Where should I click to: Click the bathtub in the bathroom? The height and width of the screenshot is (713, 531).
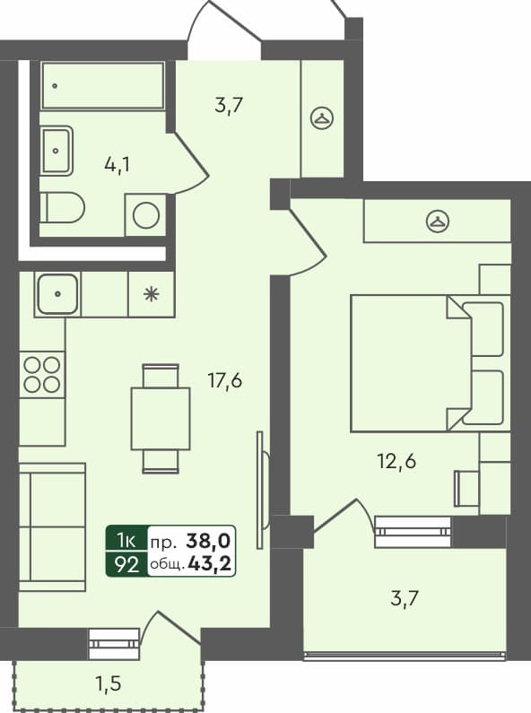pyautogui.click(x=103, y=85)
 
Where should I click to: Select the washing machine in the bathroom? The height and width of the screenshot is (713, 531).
pyautogui.click(x=145, y=214)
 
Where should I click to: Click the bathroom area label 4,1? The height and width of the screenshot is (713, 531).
pyautogui.click(x=118, y=165)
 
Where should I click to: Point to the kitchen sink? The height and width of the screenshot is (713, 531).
pyautogui.click(x=57, y=293)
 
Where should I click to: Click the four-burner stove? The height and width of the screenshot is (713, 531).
pyautogui.click(x=42, y=374)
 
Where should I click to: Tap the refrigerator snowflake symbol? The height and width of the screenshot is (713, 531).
pyautogui.click(x=151, y=293)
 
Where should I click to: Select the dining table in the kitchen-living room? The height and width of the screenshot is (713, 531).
pyautogui.click(x=161, y=418)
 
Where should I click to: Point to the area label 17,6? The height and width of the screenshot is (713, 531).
pyautogui.click(x=224, y=380)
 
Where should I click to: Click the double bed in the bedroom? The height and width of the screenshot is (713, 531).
pyautogui.click(x=409, y=362)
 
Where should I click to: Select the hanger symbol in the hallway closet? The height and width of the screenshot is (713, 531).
pyautogui.click(x=322, y=117)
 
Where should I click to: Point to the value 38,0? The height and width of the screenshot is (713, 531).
pyautogui.click(x=208, y=540)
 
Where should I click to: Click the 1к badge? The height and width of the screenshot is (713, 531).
pyautogui.click(x=126, y=540)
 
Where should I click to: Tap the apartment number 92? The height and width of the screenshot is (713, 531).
pyautogui.click(x=126, y=562)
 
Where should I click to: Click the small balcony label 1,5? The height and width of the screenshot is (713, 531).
pyautogui.click(x=109, y=684)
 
